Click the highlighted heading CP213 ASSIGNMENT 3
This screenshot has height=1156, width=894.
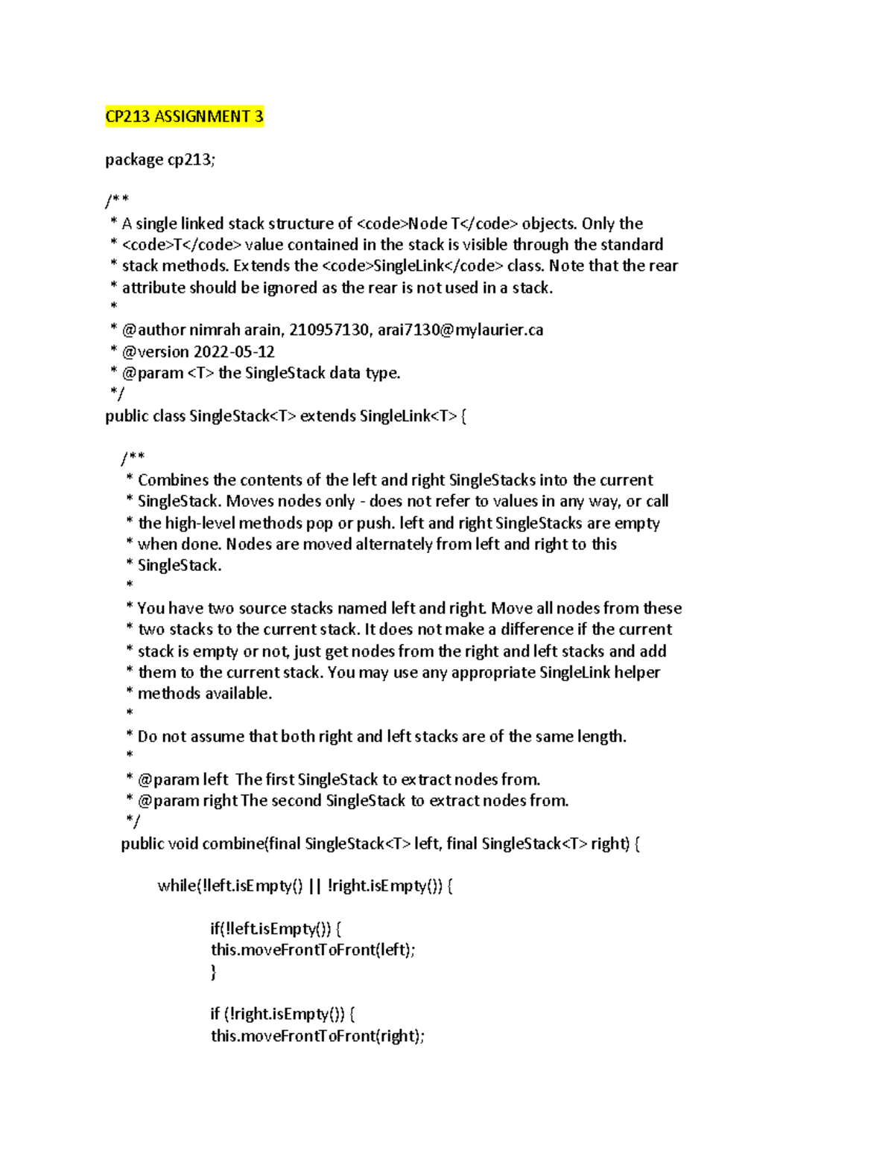coord(184,117)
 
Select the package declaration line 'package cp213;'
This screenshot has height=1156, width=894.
coord(160,160)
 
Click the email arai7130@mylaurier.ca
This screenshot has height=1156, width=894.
coord(460,330)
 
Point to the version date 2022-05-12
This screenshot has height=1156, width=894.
coord(235,351)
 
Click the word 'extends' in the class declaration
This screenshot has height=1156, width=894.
coord(328,416)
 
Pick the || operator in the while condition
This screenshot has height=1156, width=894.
coord(314,886)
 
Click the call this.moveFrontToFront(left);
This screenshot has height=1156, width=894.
coord(313,950)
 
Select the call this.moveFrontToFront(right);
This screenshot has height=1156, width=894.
coord(317,1036)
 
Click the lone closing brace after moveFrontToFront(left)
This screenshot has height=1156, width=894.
coord(214,971)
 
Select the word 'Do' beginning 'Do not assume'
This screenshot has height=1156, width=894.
coord(148,737)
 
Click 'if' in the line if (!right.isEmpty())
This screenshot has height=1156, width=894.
coord(215,1014)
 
